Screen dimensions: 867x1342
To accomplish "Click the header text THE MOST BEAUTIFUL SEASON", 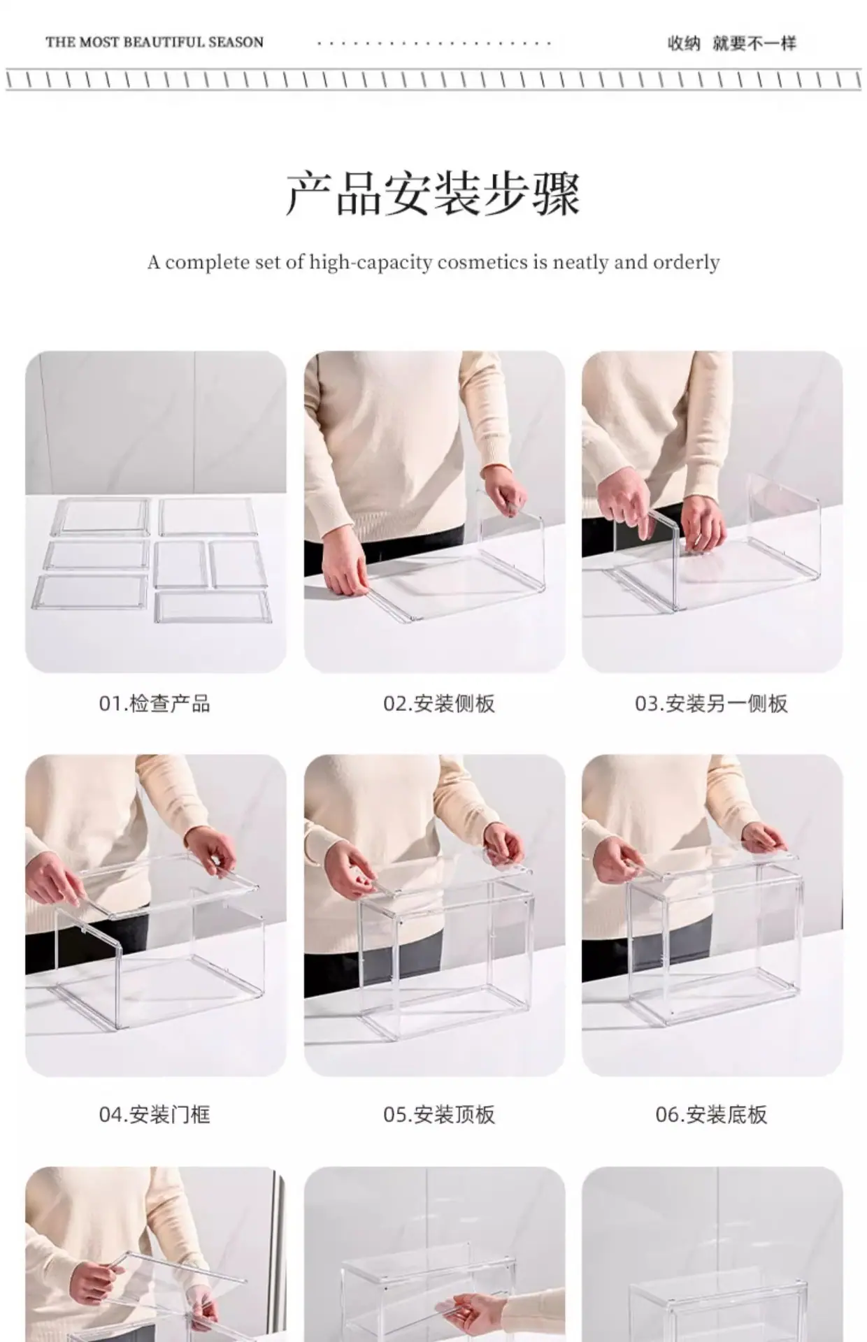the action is coord(155,43).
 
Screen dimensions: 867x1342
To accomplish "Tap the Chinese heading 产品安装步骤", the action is coord(433,193).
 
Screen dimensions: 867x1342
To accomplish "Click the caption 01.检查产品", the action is coord(155,703).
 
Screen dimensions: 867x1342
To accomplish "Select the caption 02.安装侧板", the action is coord(439,703).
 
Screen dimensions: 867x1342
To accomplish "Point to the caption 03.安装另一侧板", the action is coord(711,703).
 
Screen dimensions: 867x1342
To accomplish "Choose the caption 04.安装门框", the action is coord(155,1114).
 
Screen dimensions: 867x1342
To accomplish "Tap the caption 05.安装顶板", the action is coord(439,1114).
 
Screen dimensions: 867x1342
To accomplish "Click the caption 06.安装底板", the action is coord(711,1114).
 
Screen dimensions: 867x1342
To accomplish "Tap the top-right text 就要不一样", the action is coord(754,43).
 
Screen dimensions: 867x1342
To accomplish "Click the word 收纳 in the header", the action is coord(684,43).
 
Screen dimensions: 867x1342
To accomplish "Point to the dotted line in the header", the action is coord(434,43).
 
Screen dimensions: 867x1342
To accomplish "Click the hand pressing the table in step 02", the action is coord(345,572).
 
